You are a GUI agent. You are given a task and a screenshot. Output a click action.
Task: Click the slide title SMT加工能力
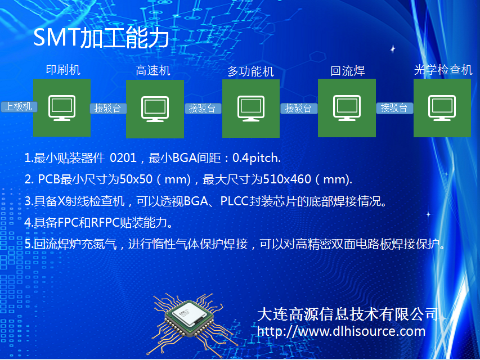101,37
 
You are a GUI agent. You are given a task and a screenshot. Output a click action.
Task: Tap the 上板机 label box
19,107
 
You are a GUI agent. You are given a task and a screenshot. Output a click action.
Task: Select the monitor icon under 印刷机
62,108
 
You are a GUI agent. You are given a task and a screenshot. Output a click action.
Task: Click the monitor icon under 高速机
155,109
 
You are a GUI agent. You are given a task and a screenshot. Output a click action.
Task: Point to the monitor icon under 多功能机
251,109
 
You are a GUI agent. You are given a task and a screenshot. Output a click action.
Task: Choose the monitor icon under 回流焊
347,108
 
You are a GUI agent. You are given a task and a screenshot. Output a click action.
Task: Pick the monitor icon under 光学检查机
442,108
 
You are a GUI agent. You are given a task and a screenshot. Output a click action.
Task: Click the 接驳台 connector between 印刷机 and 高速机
108,109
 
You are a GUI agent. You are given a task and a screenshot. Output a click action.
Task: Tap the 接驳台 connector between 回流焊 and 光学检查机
394,108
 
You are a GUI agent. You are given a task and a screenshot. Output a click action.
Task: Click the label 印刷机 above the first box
63,70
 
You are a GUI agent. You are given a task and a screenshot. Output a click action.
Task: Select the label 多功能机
250,71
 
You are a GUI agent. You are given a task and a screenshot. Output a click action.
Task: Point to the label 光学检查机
443,70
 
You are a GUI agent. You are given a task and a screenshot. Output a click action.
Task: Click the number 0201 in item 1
123,158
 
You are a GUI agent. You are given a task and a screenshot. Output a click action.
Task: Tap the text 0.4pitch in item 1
257,158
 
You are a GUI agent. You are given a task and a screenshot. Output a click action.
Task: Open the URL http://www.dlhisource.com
341,331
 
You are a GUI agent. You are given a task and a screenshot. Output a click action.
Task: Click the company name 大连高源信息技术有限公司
347,314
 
